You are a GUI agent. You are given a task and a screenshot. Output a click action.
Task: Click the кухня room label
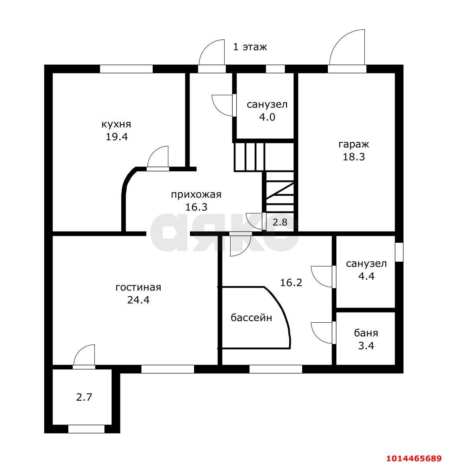[116, 124]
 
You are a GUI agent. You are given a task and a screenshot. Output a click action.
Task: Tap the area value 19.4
[117, 137]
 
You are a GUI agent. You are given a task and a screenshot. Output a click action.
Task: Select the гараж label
[354, 144]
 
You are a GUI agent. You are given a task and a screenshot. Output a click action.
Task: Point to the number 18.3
[354, 157]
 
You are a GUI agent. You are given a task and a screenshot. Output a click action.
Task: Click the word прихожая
[196, 195]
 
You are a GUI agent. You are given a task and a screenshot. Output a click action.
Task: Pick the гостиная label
[139, 287]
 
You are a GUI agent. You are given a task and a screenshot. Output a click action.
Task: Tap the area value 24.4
[139, 300]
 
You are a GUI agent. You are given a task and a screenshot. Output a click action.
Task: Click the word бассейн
[252, 318]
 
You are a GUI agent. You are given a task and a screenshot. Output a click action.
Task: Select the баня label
[366, 333]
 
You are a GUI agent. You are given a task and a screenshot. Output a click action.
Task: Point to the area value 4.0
[267, 117]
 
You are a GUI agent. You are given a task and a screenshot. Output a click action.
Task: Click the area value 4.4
[366, 276]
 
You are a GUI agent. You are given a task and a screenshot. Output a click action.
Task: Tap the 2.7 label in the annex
[84, 397]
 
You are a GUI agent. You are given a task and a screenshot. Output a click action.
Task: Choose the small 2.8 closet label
[280, 222]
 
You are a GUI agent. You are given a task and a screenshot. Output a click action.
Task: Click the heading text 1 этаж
[250, 47]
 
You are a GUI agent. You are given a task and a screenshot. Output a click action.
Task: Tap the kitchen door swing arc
[153, 152]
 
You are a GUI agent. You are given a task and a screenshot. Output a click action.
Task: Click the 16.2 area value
[291, 283]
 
